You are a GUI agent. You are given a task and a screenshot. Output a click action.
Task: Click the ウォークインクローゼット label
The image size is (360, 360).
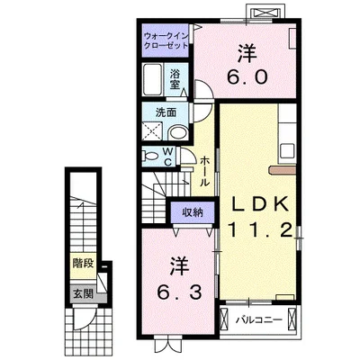pos(166,40)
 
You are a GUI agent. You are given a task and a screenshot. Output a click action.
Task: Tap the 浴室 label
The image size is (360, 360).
pos(175,79)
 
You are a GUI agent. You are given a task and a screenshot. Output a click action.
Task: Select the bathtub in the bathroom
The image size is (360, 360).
pos(153,79)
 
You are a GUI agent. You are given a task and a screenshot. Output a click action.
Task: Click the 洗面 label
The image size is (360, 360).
pos(166,112)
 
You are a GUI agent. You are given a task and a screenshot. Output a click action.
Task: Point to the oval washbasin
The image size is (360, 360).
pos(177,133)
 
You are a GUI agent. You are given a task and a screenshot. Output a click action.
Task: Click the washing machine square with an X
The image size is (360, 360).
pos(153,130)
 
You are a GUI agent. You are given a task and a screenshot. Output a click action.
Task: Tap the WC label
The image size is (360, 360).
pos(167,157)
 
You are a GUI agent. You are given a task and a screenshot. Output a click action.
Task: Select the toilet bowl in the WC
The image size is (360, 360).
pos(151,157)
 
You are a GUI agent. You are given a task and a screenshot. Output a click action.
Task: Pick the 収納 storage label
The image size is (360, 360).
pos(193,212)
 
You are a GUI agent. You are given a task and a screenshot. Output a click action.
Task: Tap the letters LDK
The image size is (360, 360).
pos(260,205)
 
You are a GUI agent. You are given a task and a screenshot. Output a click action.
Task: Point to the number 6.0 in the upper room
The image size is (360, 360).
pos(247,77)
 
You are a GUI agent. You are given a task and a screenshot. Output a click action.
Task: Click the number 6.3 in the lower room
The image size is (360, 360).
pos(179,292)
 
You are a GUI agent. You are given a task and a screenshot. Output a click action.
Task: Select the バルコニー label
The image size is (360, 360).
pos(258,320)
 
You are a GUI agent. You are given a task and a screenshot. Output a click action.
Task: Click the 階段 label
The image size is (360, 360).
pos(83,264)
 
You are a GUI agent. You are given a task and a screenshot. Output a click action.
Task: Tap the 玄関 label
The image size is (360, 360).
pos(83,294)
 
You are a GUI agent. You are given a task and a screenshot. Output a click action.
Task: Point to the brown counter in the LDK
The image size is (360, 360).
pos(283,170)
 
